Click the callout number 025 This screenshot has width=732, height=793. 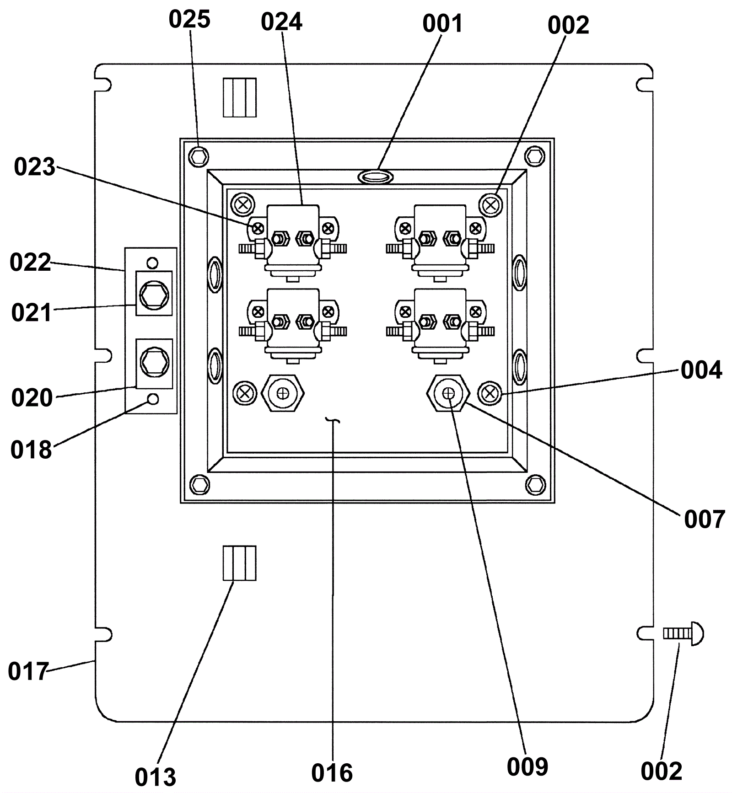point(189,19)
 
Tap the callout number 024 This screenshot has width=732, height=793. point(281,22)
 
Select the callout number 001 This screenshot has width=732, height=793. point(442,23)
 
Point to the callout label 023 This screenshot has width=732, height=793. point(34,167)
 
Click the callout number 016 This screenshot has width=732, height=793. point(332,773)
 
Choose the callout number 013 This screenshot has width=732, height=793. point(156,777)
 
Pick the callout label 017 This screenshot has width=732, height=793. point(28,671)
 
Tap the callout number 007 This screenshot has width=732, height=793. point(705,520)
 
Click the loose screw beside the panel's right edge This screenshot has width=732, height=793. point(684,633)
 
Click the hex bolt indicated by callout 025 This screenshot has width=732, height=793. point(199,157)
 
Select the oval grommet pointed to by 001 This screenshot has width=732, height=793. point(375,176)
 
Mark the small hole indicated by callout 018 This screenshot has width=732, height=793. point(154,399)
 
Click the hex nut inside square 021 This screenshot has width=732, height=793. point(154,293)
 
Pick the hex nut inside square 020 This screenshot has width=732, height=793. point(154,361)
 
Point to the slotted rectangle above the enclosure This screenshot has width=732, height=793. point(240,97)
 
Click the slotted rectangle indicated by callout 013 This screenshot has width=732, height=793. point(240,563)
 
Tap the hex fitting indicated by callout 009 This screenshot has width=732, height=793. point(448,393)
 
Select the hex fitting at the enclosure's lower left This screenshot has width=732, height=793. point(283,393)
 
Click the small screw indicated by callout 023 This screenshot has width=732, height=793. point(258,227)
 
